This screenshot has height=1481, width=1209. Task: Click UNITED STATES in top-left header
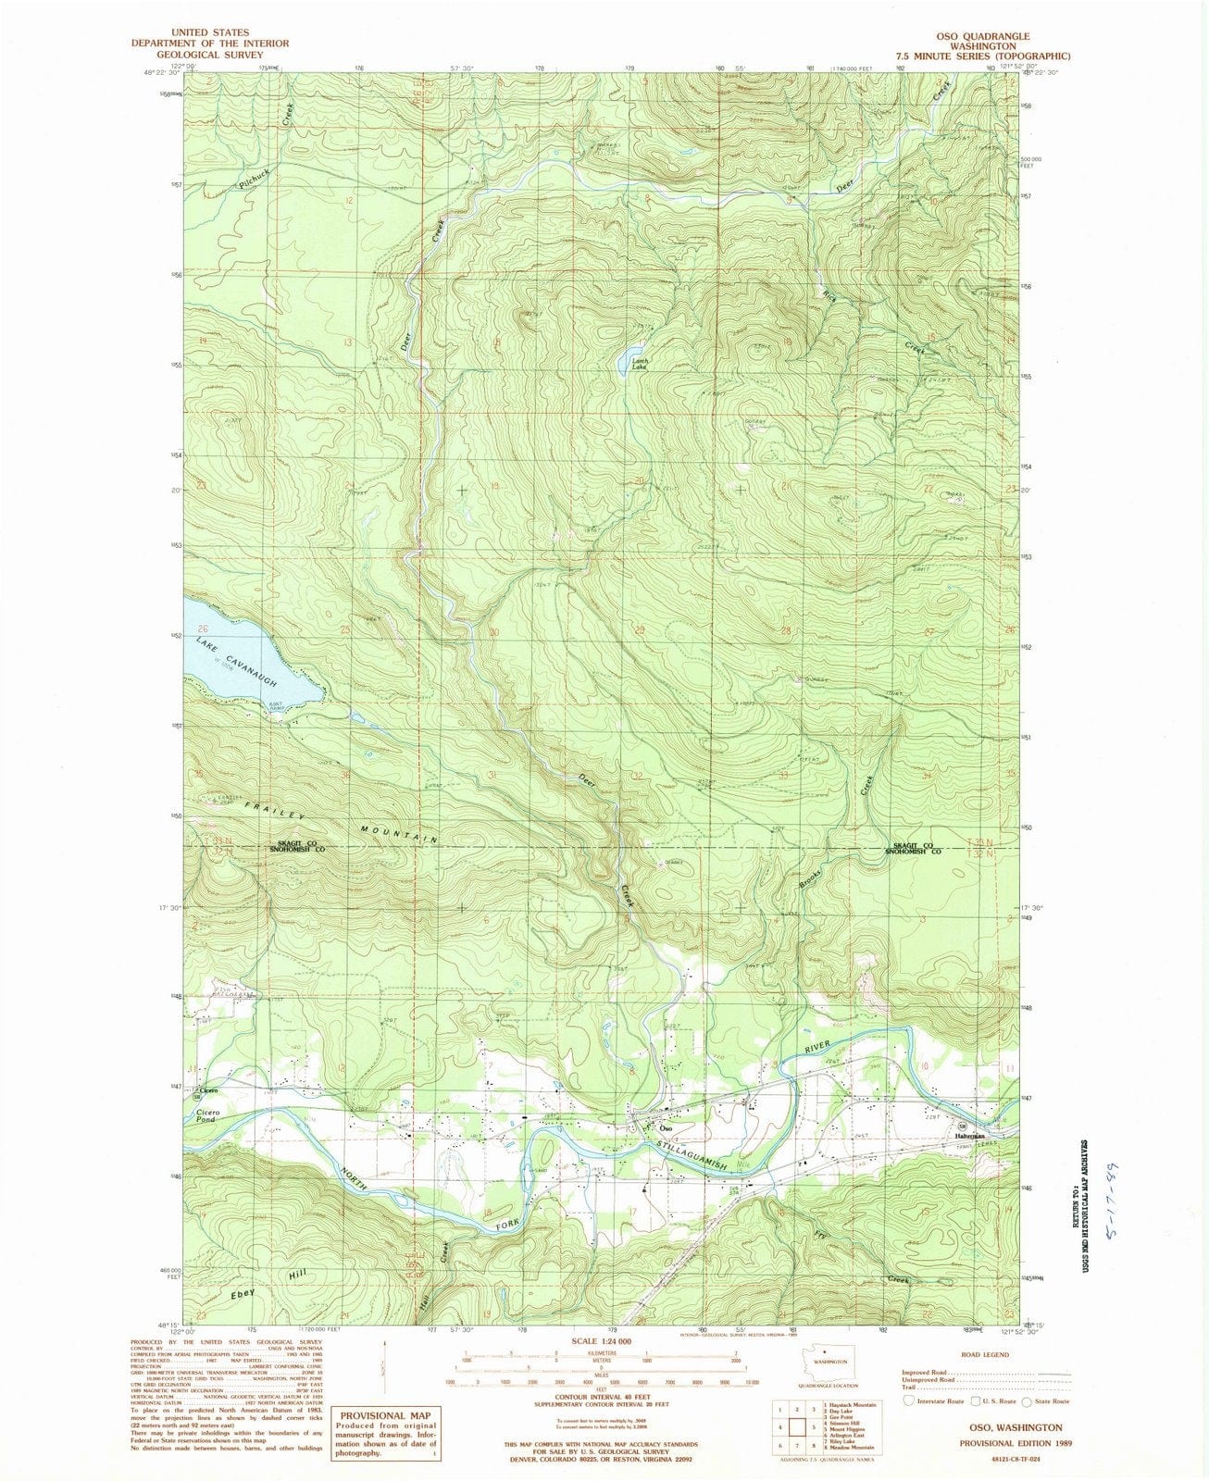pos(209,32)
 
